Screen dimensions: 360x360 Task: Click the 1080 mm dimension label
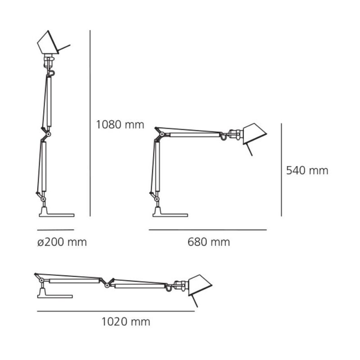(120, 125)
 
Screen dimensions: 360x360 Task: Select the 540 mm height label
(307, 171)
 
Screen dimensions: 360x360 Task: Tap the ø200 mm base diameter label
(62, 242)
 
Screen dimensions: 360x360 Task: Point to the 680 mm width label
(209, 242)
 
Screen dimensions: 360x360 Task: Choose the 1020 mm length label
(126, 322)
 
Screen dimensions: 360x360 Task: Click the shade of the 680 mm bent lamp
(254, 134)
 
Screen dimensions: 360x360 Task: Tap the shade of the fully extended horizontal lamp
(199, 285)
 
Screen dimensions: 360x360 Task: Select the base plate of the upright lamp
(57, 215)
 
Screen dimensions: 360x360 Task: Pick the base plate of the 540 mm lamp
(170, 215)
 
